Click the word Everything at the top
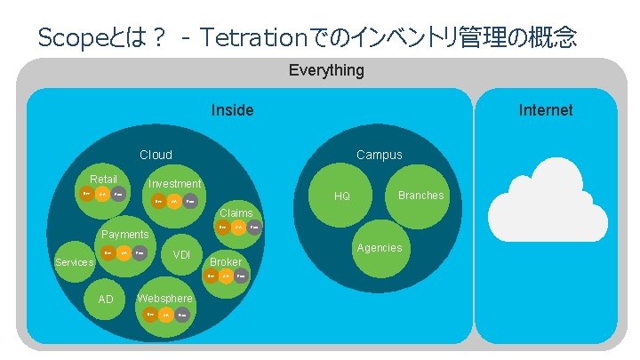coord(326,70)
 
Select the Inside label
coord(232,110)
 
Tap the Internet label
coord(546,110)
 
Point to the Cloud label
coord(156,155)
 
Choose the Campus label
coord(379,155)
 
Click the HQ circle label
coord(342,196)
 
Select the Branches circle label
coord(420,196)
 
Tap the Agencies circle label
coord(379,248)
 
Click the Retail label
coord(103,179)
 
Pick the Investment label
coord(174,184)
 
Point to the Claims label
coord(236,213)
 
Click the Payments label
coord(124,235)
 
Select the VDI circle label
coord(181,255)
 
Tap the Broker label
coord(225,262)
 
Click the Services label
coord(74,262)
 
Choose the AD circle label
coord(106,300)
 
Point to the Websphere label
coord(164,298)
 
